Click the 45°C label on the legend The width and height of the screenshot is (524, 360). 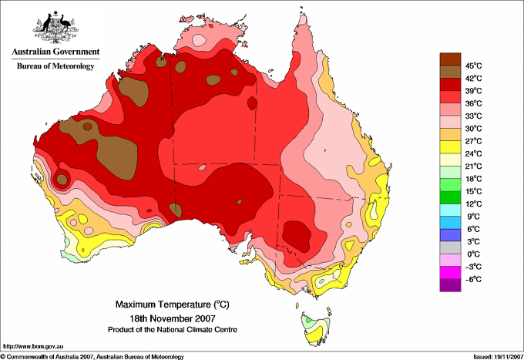pos(474,66)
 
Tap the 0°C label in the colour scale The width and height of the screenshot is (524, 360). pos(474,254)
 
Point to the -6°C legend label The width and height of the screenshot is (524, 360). pos(473,279)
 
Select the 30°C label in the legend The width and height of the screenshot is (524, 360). pos(474,129)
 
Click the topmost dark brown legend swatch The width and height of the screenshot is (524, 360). pos(450,59)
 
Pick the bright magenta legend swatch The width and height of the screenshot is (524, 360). pos(450,273)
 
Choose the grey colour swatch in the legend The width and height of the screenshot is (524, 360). pos(450,247)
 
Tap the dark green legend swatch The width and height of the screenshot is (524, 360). pos(450,197)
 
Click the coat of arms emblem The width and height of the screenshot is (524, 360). pos(55,26)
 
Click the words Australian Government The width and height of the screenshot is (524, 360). pos(55,52)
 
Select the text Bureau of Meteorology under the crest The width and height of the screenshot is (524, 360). pos(55,66)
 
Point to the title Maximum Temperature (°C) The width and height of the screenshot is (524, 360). pos(173,304)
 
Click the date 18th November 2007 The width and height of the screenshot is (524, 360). pos(173,318)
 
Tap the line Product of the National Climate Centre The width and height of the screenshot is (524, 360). pos(173,330)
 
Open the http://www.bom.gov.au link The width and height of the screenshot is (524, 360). pos(33,347)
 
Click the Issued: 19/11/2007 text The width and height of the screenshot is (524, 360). pos(498,357)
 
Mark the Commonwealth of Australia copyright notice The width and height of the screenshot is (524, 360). pos(92,357)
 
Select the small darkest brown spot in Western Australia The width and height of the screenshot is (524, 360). pos(87,126)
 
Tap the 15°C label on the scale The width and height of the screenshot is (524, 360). pos(474,191)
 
